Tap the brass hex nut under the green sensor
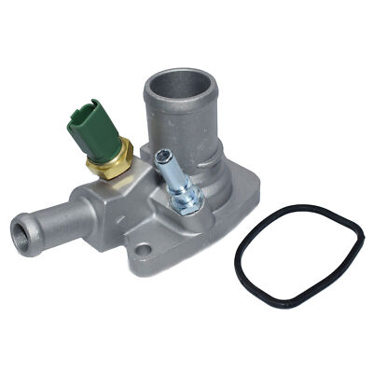tap(109, 167)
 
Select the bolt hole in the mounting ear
tap(143, 250)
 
